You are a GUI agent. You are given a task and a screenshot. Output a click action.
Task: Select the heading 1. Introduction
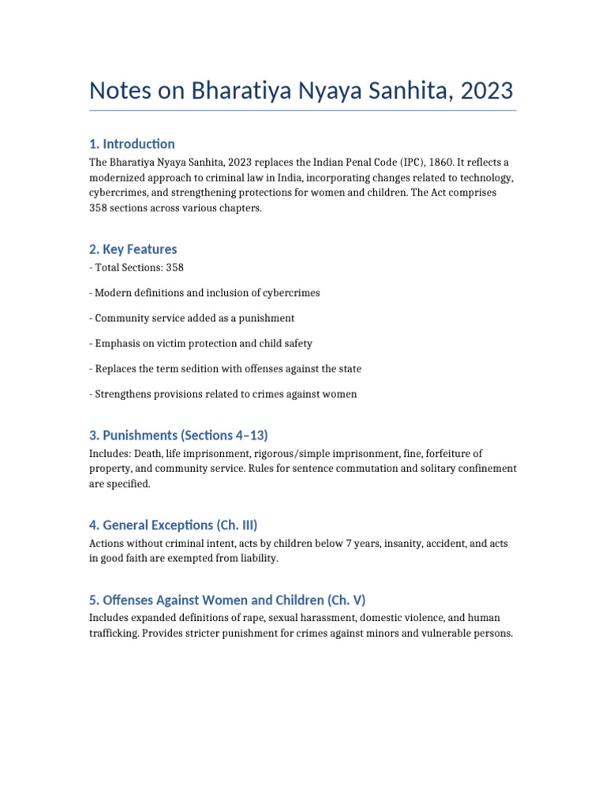point(132,144)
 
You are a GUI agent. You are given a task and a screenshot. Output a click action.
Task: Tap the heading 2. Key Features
point(133,249)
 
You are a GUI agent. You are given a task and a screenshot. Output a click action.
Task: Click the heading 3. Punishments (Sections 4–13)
point(184,434)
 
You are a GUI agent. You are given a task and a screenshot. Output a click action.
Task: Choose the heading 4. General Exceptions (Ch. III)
point(174,525)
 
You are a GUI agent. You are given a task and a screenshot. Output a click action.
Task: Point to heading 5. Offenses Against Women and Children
point(227,599)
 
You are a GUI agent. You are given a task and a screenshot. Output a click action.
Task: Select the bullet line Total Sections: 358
point(137,267)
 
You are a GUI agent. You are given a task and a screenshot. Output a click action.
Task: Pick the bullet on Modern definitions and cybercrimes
point(204,293)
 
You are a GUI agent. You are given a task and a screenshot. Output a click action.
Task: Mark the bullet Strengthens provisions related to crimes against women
point(223,394)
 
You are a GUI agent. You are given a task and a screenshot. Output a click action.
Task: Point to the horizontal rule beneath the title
point(303,110)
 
